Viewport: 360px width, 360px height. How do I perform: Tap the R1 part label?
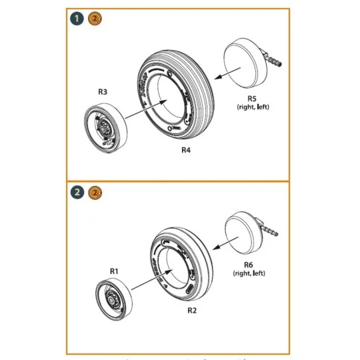114,271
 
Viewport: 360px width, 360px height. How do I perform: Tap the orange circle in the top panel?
95,20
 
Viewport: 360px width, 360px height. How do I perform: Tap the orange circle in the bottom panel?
95,193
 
